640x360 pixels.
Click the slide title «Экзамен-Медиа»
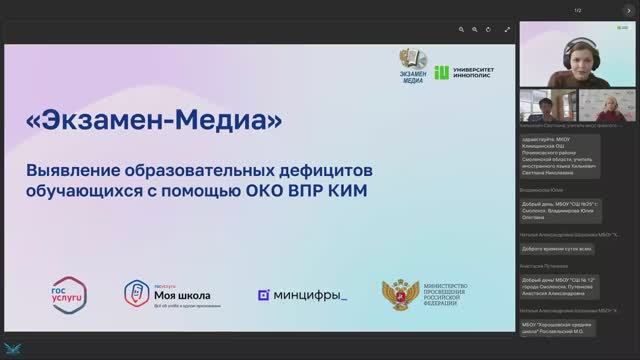coord(154,122)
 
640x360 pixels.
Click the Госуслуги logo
coord(67,294)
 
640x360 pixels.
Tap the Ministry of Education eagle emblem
coord(395,296)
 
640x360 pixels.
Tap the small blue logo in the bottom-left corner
coord(15,349)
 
